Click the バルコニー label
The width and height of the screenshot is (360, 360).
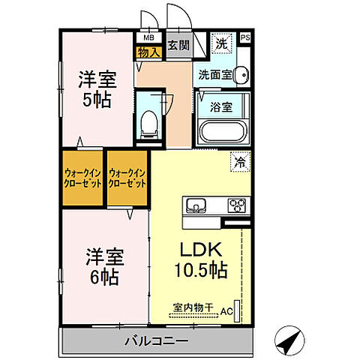point(155,340)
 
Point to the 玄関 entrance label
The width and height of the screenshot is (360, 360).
point(178,44)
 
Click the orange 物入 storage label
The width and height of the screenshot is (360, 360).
point(147,52)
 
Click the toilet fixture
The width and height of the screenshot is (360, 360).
point(149,121)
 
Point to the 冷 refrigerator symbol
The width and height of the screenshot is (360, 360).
point(240,161)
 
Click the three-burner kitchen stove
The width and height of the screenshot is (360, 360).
point(238,204)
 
